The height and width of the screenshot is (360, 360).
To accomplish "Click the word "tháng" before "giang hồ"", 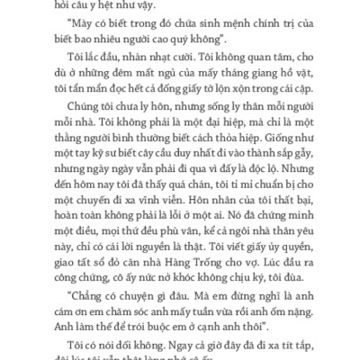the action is pyautogui.click(x=211, y=90).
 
